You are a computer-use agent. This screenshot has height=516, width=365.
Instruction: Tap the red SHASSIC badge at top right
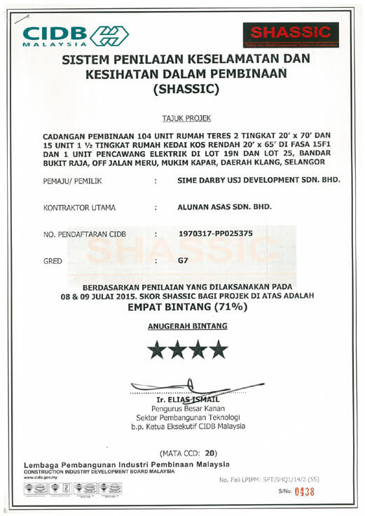click(290, 34)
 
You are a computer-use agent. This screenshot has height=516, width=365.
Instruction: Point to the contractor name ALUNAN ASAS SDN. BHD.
click(221, 207)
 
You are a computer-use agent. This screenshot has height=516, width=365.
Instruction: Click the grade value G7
click(184, 260)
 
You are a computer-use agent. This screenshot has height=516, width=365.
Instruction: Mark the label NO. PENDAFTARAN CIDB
click(85, 235)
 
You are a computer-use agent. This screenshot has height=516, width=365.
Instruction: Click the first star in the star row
click(156, 348)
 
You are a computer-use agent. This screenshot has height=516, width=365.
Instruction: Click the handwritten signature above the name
click(189, 387)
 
